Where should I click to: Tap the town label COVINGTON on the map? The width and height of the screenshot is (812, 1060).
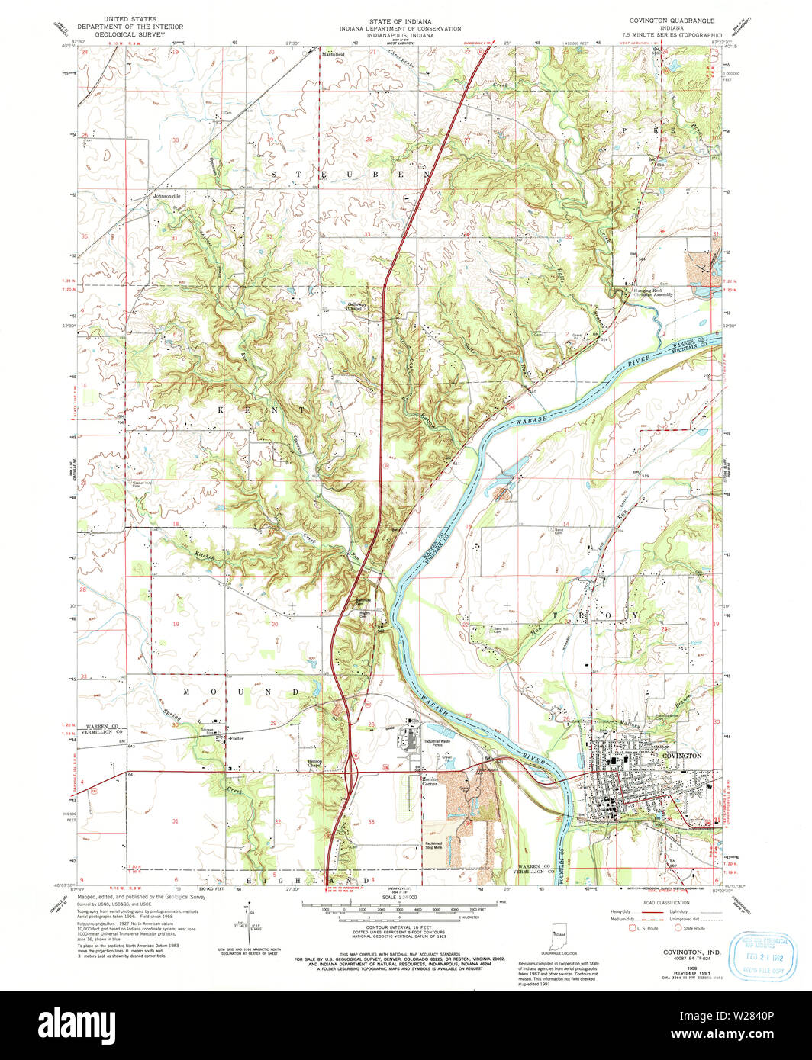click(680, 755)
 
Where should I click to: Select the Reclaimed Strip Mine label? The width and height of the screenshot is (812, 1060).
click(434, 844)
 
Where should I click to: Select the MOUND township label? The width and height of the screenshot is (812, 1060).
click(240, 692)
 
